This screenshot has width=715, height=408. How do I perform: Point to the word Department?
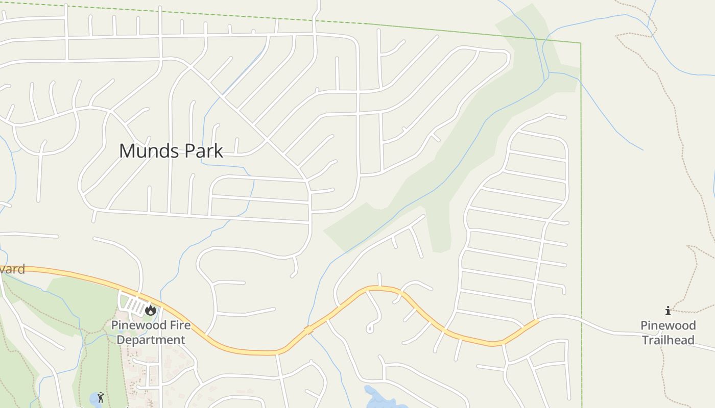[x=151, y=340]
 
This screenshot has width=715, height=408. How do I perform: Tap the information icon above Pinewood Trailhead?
[x=668, y=311]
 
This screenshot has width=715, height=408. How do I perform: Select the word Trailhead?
[x=668, y=340]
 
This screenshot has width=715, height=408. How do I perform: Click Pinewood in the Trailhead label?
[x=668, y=325]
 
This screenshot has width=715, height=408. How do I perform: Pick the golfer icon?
[x=101, y=397]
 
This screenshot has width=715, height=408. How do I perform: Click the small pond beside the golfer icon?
[x=94, y=398]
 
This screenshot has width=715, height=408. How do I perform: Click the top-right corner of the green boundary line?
[x=580, y=44]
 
